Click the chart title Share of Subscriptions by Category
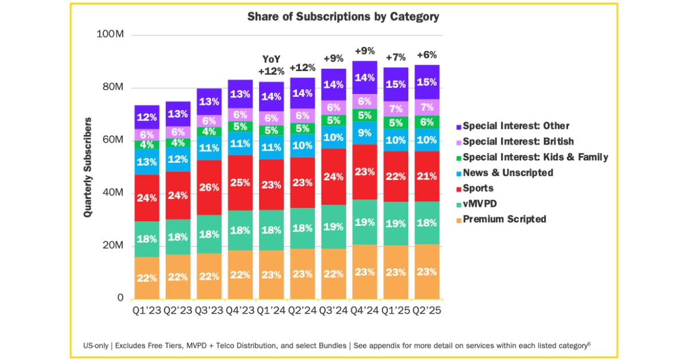[x=343, y=17]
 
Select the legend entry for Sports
[x=478, y=188]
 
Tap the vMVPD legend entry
[x=479, y=204]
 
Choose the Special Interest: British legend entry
[x=518, y=141]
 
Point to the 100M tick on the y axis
[x=111, y=35]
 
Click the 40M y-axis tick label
[x=113, y=193]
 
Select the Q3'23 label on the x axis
[x=209, y=310]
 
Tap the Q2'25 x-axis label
[x=427, y=310]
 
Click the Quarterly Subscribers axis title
[x=88, y=167]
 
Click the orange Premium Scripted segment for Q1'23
[x=147, y=278]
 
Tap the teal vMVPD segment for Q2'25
[x=427, y=223]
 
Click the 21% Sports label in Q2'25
[x=427, y=176]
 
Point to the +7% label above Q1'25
[x=396, y=57]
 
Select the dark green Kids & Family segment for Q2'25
[x=427, y=122]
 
